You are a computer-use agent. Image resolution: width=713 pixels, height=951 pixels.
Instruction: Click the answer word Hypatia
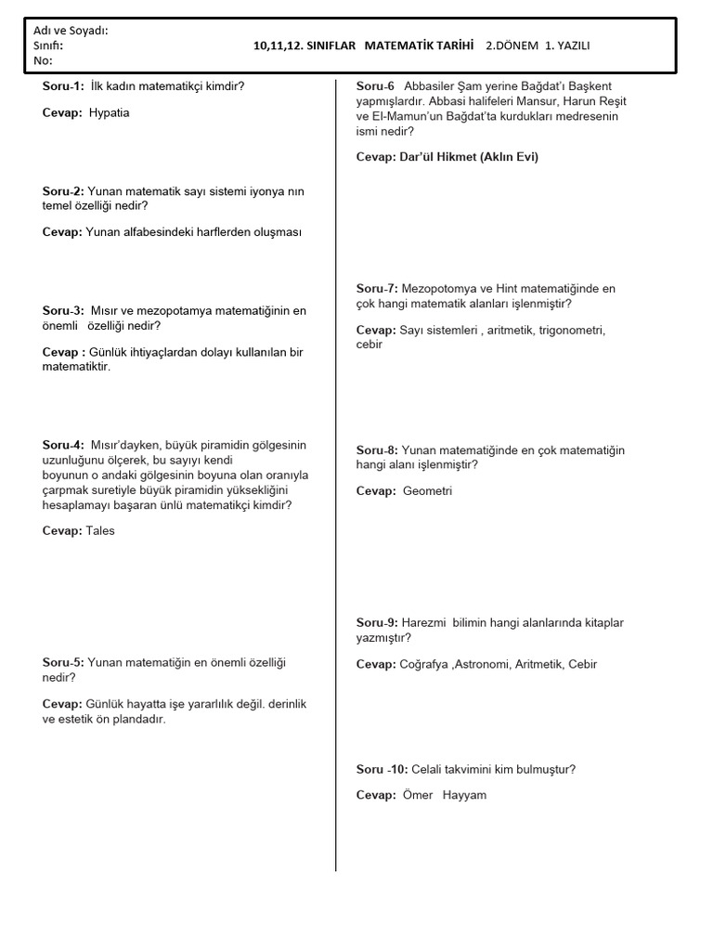pyautogui.click(x=110, y=112)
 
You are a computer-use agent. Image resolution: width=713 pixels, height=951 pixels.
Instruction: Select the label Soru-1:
pyautogui.click(x=63, y=86)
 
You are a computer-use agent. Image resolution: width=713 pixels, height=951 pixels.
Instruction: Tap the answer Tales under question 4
pyautogui.click(x=100, y=531)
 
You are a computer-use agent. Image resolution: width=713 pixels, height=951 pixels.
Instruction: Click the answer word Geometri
pyautogui.click(x=427, y=490)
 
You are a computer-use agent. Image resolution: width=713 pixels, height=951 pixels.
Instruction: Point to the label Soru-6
pyautogui.click(x=376, y=86)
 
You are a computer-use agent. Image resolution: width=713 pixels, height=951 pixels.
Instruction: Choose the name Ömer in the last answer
pyautogui.click(x=418, y=795)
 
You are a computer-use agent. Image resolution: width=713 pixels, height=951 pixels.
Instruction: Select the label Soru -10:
pyautogui.click(x=382, y=769)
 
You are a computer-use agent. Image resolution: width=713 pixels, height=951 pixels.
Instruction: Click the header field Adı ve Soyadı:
pyautogui.click(x=71, y=31)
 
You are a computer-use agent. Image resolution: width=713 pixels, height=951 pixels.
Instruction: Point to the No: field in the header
pyautogui.click(x=43, y=60)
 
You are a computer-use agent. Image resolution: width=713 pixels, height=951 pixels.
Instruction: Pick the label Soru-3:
pyautogui.click(x=63, y=310)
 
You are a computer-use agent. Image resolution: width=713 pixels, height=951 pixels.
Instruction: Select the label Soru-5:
pyautogui.click(x=63, y=662)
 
